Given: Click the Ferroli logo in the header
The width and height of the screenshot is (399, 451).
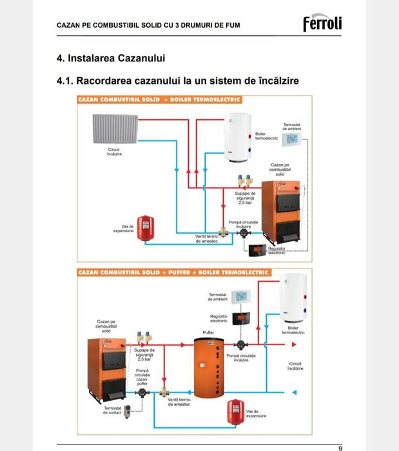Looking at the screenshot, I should (322, 24).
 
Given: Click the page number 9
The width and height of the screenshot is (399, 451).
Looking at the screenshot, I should (340, 447).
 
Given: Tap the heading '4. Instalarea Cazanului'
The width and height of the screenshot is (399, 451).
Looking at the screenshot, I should (111, 59).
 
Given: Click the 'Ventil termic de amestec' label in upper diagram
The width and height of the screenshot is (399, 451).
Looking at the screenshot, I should (207, 239).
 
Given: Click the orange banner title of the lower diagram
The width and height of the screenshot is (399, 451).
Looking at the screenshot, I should (173, 273).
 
